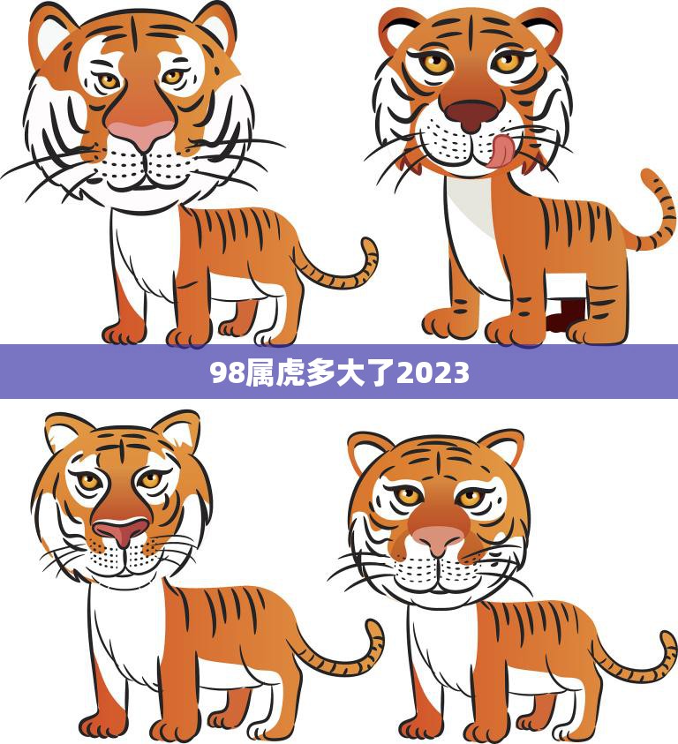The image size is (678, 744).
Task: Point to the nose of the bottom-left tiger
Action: [x=121, y=530]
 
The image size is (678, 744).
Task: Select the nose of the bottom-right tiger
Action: [x=437, y=538]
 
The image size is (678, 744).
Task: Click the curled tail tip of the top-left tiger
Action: [x=366, y=244]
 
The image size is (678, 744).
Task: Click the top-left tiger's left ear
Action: [x=49, y=31]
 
